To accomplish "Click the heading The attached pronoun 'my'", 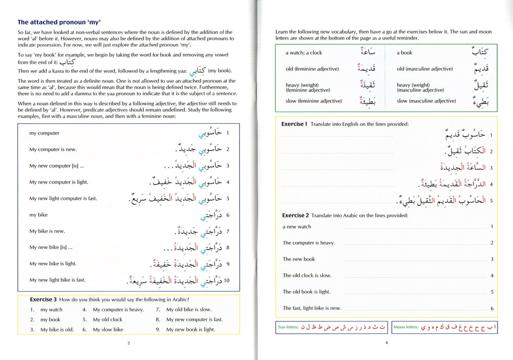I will tap(59, 22).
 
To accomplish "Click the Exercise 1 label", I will tap(294, 124).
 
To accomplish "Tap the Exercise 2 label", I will tap(295, 215).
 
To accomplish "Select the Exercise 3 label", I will tap(43, 299).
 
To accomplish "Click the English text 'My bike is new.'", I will tap(47, 231).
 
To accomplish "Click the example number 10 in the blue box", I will tap(226, 281).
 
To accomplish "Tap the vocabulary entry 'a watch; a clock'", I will tap(304, 53).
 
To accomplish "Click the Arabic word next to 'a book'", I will tap(480, 52).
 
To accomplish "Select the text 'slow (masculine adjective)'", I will tap(426, 101).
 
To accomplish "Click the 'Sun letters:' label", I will tap(288, 327).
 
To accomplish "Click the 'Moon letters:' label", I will tap(406, 327).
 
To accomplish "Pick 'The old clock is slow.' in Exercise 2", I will tap(307, 275).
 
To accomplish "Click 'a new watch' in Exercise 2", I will tap(297, 227).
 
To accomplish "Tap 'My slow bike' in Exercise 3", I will tap(108, 330).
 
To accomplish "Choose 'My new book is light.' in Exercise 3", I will tap(190, 330).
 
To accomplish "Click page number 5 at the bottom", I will tap(129, 343).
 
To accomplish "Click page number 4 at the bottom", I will tap(386, 343).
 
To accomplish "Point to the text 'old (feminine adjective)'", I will tap(312, 69).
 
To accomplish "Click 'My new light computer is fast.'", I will tap(63, 198).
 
